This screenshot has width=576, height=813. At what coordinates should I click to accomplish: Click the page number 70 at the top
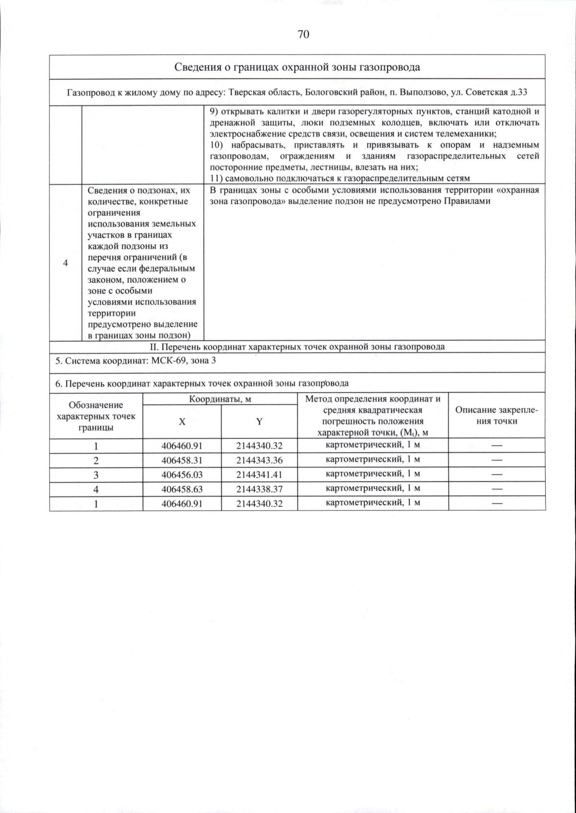coord(303,34)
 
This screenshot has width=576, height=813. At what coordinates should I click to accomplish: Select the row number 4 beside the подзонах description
coord(65,263)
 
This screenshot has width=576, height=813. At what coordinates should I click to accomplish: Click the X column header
coord(182,422)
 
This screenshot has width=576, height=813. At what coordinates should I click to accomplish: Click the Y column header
coord(259,422)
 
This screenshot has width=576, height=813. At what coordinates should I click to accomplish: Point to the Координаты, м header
coord(220,399)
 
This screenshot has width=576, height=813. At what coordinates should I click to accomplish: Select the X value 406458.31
coord(182,460)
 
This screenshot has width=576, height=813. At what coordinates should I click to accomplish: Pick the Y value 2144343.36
coord(259,460)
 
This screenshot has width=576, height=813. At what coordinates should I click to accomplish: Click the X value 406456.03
coord(182,474)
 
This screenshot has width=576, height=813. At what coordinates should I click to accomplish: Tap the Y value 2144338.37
coord(259,489)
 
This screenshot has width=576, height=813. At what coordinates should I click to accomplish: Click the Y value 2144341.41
coord(259,474)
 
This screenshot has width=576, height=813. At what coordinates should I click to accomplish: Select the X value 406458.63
coord(182,489)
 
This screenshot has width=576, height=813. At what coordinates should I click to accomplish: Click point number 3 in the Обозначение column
coord(96,474)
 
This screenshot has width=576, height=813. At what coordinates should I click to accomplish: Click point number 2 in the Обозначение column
coord(96,460)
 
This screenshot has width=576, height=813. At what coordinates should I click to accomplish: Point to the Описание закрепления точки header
coord(496,415)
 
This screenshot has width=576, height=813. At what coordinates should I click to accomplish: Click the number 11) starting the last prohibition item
coord(216,178)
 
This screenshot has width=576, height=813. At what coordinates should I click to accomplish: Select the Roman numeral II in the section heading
coord(154,347)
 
